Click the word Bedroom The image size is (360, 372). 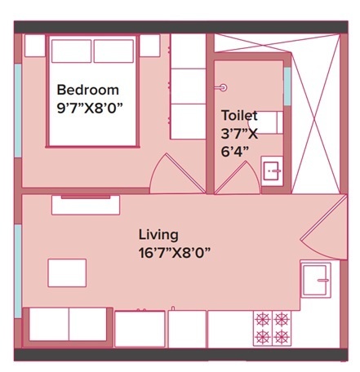click(x=87, y=90)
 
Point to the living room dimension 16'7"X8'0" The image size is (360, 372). click(x=174, y=252)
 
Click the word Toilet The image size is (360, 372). click(x=238, y=117)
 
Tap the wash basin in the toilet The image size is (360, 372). click(x=272, y=170)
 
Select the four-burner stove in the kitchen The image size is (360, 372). click(x=273, y=327)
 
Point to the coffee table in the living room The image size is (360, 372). click(x=67, y=272)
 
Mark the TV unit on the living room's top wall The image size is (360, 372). click(x=86, y=204)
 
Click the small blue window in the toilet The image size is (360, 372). click(x=287, y=82)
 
